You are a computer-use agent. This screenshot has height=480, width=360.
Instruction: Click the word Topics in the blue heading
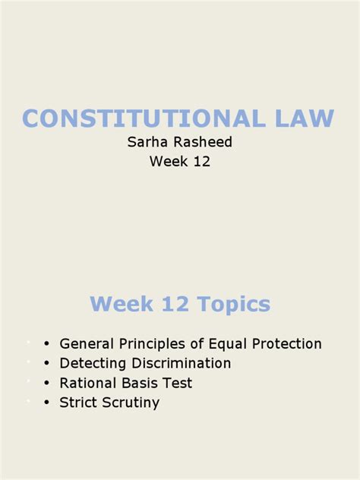coord(233,305)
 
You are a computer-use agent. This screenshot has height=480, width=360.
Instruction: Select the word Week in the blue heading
coord(119,305)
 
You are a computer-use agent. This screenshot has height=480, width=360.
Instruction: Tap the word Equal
coord(229,343)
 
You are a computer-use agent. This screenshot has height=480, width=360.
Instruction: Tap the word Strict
coord(79,403)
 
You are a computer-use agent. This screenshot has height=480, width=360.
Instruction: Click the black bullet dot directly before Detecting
coord(47,364)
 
